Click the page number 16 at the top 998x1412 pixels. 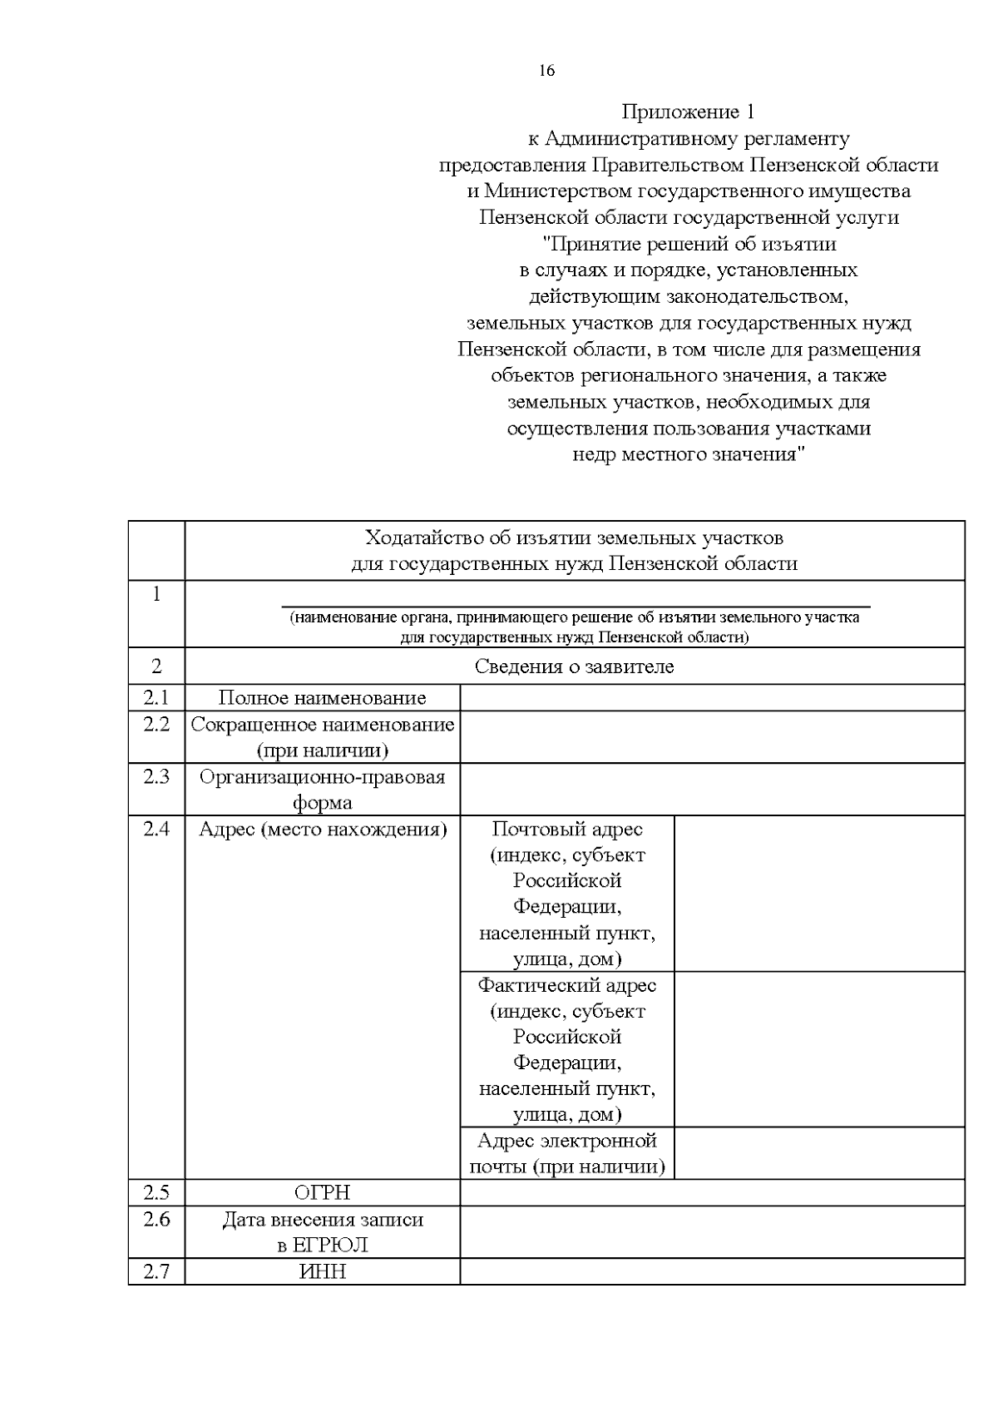[546, 71]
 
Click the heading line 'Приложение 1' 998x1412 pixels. [688, 111]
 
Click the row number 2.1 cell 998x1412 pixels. [156, 697]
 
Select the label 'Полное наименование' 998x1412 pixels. [322, 698]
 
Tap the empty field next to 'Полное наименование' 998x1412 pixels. [712, 698]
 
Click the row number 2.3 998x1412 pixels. [156, 776]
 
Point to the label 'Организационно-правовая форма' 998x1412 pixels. [322, 789]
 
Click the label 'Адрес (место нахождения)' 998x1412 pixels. [322, 829]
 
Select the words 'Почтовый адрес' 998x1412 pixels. [567, 829]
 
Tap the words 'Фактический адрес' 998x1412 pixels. [567, 985]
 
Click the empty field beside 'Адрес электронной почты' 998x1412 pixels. [818, 1153]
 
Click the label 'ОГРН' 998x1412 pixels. [322, 1192]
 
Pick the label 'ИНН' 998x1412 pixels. [322, 1271]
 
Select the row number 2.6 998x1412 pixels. [156, 1219]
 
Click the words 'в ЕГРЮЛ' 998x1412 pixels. [322, 1246]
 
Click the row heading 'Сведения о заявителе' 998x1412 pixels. [574, 666]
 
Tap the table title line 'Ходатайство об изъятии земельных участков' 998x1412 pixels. [574, 538]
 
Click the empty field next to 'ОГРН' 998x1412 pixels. [712, 1192]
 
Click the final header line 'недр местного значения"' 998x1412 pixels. [688, 455]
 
